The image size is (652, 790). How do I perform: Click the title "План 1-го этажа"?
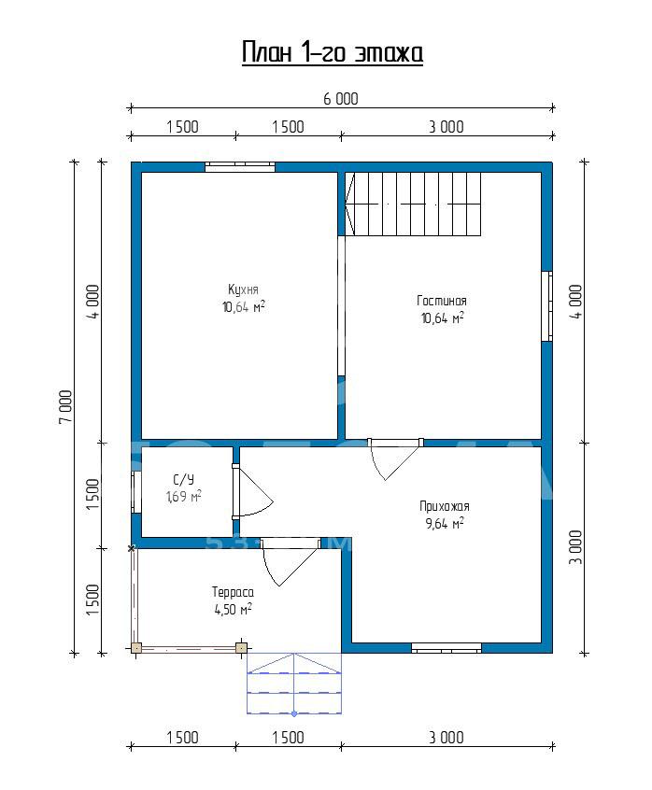coord(332,52)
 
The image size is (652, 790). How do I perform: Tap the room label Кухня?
coord(243,289)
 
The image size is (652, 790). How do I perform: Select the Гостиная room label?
coord(442,301)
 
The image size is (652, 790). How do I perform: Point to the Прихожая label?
coord(444,506)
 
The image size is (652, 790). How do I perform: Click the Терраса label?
coord(233,592)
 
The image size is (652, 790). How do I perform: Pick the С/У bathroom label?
coord(183,480)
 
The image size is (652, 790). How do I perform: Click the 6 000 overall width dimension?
coord(341,99)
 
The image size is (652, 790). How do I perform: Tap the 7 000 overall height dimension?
coord(66,406)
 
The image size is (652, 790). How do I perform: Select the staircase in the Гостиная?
coord(413,204)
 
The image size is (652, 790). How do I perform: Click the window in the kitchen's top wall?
coord(240,167)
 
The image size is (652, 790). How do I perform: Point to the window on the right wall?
coord(546,306)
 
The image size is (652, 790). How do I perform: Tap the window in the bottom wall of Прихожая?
coord(446,648)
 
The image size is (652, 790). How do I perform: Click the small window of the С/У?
coord(136,492)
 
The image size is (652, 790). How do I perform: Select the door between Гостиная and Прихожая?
coord(395,459)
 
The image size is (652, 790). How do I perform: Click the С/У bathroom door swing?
coord(252,491)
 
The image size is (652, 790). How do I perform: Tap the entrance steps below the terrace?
coord(294,684)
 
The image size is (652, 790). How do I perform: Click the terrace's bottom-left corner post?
coord(136,648)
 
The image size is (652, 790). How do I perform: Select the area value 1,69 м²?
coord(184,496)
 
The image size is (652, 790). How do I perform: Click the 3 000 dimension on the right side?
coord(575,547)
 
